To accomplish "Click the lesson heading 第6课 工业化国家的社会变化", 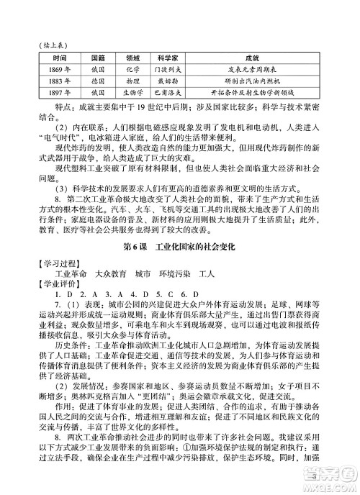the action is [180, 247].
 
